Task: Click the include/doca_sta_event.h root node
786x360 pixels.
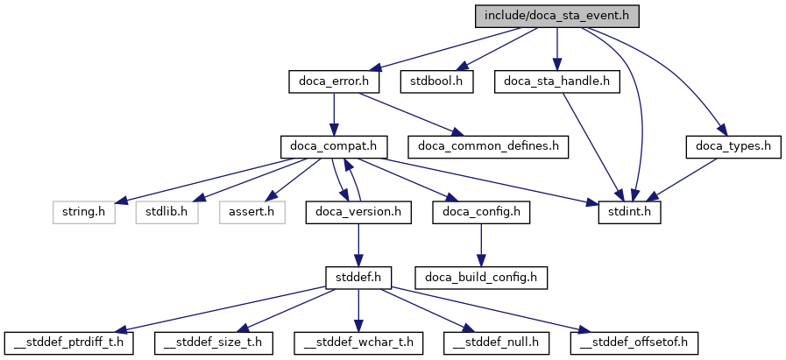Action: coord(556,16)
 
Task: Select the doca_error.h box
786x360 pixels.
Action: coord(334,81)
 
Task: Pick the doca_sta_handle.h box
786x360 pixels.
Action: coord(556,81)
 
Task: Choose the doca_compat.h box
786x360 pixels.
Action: coord(334,146)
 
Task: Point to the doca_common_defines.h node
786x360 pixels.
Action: coord(488,146)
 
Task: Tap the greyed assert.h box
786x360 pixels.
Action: coord(251,211)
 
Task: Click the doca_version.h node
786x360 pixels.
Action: coord(358,211)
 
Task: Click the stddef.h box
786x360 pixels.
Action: coord(358,277)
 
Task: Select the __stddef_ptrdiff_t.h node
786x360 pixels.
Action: coord(69,342)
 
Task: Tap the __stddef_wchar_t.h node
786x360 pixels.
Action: coord(358,342)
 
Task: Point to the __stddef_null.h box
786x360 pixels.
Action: coord(494,342)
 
